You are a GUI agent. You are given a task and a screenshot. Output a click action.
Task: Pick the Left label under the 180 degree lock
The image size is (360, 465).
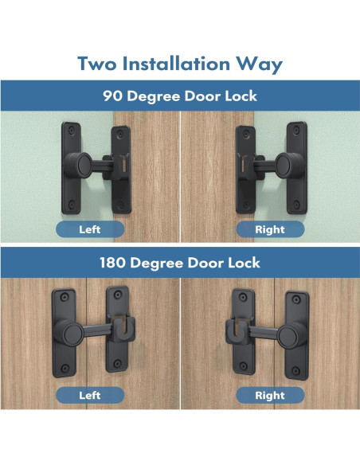pyautogui.click(x=89, y=395)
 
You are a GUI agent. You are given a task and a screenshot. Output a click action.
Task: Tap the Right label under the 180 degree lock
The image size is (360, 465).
pyautogui.click(x=269, y=395)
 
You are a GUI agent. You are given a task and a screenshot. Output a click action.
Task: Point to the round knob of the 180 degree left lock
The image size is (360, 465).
pyautogui.click(x=70, y=330)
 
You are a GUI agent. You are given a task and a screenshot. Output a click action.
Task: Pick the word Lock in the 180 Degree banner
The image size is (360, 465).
pyautogui.click(x=242, y=262)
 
